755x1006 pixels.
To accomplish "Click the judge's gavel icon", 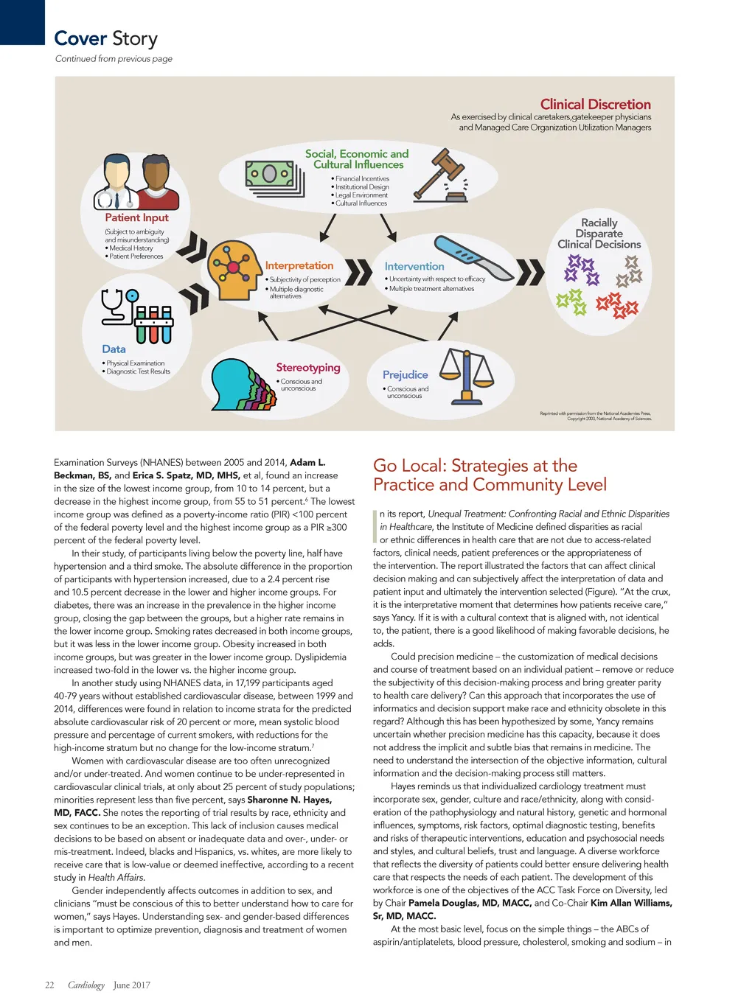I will [x=441, y=175].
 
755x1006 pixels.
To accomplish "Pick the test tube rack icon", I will [x=154, y=324].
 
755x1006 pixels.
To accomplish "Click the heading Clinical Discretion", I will [x=595, y=105].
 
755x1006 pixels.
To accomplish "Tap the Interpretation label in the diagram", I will [x=299, y=265].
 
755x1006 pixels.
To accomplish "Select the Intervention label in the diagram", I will [x=414, y=266].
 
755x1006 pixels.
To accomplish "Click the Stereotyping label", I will [x=308, y=367].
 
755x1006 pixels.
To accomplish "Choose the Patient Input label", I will [x=136, y=217].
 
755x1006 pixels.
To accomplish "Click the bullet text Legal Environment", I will [x=361, y=195].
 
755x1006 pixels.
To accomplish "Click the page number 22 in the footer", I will [x=49, y=985].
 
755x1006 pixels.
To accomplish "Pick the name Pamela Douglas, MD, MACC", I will [x=470, y=903].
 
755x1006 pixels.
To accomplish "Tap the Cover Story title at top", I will [x=105, y=38].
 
